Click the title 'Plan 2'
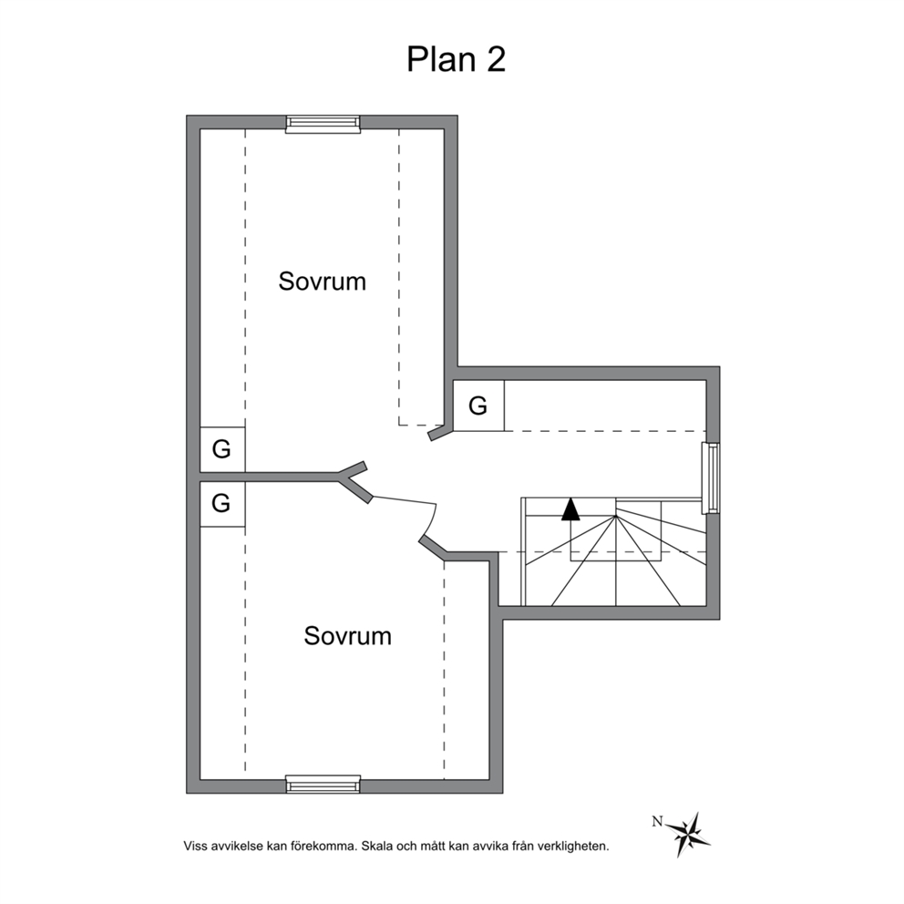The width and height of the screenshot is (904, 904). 456,59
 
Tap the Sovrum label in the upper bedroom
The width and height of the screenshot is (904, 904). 323,282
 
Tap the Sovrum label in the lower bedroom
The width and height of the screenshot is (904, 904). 347,636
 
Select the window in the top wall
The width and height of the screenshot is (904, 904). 323,124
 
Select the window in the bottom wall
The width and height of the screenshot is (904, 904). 323,784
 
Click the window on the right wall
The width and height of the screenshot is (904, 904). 711,478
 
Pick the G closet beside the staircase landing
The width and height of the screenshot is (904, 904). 478,406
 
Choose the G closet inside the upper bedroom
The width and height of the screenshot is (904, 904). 222,449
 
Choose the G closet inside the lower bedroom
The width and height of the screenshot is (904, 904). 222,504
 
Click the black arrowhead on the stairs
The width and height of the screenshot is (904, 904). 570,509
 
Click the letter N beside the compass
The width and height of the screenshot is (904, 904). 657,822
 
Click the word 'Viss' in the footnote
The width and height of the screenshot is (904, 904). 195,847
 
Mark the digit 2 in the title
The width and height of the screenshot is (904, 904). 497,59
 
